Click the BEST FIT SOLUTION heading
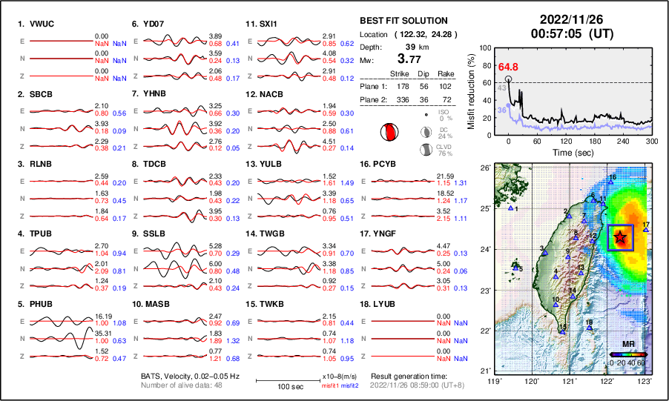403,21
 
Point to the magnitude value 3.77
409,59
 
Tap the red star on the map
620,237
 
